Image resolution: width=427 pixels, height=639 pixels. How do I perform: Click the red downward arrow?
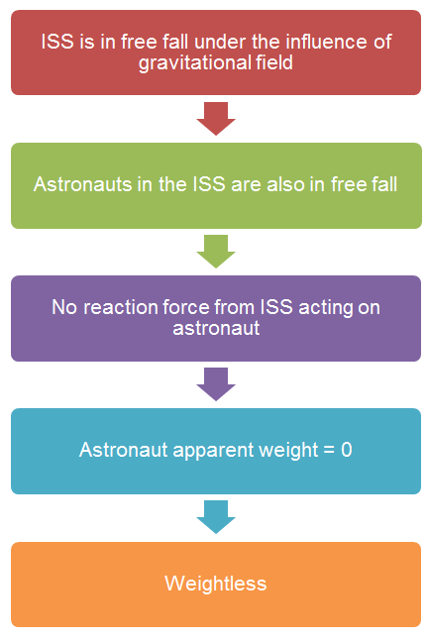tap(216, 118)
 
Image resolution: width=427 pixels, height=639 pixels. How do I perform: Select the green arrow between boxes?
tap(216, 251)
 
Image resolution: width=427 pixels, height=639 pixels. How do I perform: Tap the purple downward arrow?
tap(216, 383)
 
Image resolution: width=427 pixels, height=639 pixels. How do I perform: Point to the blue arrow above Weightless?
tap(216, 517)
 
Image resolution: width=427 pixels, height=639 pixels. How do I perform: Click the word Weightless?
tap(216, 584)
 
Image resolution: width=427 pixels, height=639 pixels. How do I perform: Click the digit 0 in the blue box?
tap(347, 450)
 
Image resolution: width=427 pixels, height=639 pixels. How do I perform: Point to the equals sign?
tap(329, 451)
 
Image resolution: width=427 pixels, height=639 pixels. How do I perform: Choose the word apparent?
tap(213, 451)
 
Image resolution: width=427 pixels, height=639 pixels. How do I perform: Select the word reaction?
tap(121, 307)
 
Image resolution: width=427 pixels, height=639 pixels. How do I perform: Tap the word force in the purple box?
tap(185, 307)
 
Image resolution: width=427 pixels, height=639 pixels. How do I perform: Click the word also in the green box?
tap(285, 184)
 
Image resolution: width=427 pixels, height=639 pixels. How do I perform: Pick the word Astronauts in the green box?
tap(82, 184)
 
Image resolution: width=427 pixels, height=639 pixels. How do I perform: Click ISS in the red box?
tap(57, 42)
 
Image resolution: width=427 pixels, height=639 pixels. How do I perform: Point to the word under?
tap(220, 42)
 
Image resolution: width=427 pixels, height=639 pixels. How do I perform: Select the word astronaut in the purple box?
tap(216, 329)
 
